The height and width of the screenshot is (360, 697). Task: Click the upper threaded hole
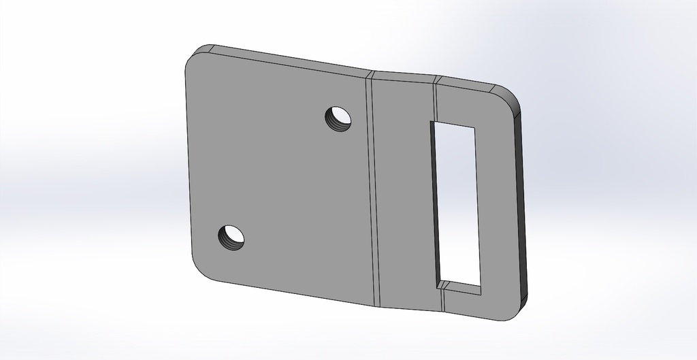click(338, 118)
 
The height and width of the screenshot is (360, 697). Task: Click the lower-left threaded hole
click(231, 237)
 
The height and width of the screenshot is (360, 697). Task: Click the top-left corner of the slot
click(431, 122)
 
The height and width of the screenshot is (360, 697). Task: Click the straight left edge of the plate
click(187, 163)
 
